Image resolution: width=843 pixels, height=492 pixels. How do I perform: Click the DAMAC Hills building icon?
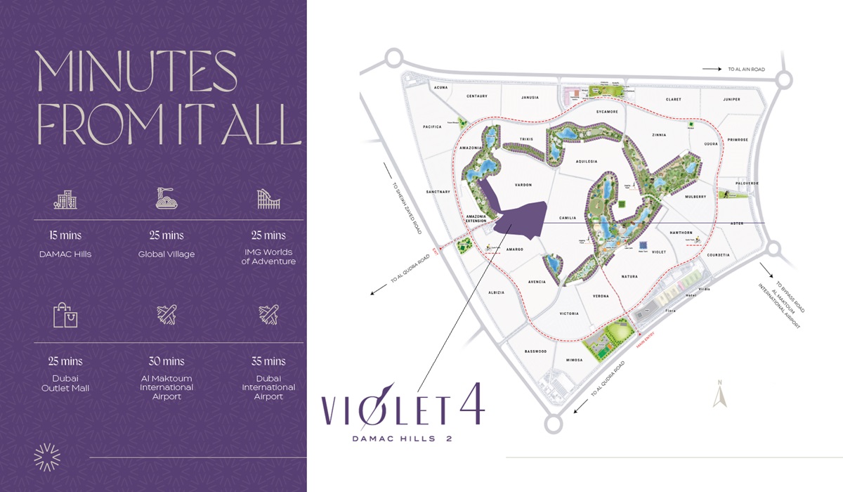tap(65, 200)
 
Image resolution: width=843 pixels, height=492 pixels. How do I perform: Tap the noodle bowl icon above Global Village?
tap(166, 198)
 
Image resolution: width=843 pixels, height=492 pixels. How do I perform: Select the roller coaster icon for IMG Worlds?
tap(268, 199)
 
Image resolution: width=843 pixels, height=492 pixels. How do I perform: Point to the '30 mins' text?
tap(166, 361)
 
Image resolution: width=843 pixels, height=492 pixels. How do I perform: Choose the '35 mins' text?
tap(268, 361)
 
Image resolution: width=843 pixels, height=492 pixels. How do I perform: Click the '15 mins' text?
tap(65, 235)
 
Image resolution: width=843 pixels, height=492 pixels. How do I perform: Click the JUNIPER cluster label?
tap(731, 100)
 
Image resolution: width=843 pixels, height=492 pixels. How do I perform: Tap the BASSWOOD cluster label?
tap(535, 351)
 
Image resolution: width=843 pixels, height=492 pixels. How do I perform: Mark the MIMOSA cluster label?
tap(573, 359)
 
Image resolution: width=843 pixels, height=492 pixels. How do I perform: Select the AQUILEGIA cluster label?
tap(586, 161)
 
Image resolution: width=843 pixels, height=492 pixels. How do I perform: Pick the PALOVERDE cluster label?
tap(747, 183)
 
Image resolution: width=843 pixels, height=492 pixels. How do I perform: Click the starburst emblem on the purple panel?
tap(48, 458)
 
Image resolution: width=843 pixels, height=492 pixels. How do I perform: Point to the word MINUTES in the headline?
tap(137, 71)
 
